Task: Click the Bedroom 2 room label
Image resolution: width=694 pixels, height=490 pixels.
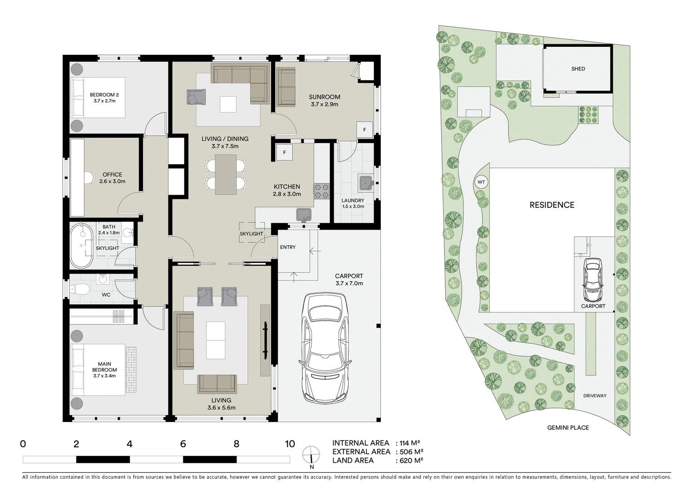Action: coord(104,98)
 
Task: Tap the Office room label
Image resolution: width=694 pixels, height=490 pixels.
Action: coord(112,177)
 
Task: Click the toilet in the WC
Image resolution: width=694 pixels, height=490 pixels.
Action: coord(80,288)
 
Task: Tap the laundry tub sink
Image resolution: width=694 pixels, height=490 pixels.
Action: coord(365,182)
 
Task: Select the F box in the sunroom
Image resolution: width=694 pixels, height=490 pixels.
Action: coord(364,130)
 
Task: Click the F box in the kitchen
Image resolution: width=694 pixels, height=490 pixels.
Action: coord(285,152)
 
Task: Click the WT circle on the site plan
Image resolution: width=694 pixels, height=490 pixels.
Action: coord(481,182)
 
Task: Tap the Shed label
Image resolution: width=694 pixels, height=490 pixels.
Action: coord(578,69)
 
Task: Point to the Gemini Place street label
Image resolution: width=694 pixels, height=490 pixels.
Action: coord(568,427)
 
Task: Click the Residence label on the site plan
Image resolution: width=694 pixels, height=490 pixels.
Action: coord(552,205)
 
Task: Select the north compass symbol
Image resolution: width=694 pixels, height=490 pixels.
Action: coord(311,456)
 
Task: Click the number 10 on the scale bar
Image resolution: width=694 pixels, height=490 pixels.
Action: coord(290,444)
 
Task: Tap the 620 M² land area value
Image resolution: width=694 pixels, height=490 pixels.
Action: coord(409,460)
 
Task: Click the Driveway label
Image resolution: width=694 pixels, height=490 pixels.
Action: coord(595,396)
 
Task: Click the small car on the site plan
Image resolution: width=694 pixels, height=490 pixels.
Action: coord(593,280)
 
